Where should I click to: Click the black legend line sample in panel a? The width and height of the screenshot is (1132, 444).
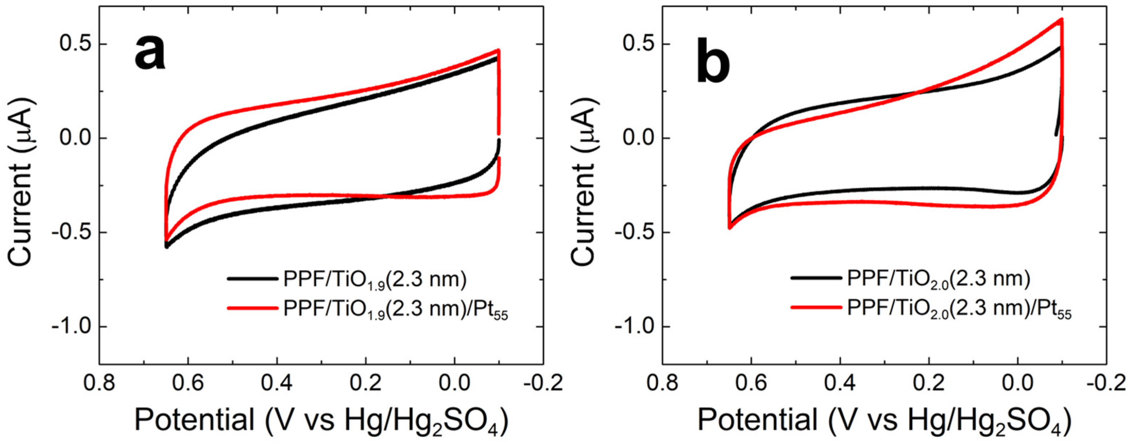252,279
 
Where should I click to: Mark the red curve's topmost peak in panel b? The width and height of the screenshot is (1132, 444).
1058,32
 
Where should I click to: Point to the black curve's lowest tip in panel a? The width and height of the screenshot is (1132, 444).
167,247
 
